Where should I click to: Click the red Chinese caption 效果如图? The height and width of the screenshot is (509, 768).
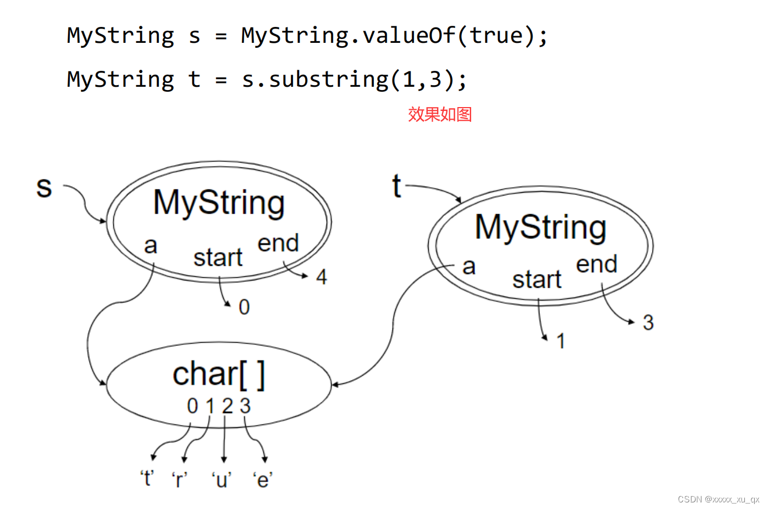click(440, 114)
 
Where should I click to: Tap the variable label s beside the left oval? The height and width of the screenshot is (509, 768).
click(44, 188)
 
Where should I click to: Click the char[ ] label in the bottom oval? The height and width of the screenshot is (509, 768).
click(219, 374)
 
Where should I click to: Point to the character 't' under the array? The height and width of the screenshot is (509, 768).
click(147, 479)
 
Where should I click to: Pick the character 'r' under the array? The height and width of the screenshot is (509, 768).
click(180, 480)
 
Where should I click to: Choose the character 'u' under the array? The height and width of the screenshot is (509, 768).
click(222, 480)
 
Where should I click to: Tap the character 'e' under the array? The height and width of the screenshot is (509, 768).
click(263, 480)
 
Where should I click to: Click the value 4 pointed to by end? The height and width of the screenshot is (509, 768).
click(322, 277)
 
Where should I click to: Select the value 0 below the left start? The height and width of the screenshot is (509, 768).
click(244, 307)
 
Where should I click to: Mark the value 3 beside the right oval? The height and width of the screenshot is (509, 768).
click(648, 323)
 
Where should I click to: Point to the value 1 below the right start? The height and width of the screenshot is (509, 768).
click(560, 342)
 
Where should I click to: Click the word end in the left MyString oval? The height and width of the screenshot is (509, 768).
click(278, 243)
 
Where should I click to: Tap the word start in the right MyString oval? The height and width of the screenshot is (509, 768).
click(537, 279)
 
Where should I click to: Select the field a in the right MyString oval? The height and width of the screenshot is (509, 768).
click(468, 267)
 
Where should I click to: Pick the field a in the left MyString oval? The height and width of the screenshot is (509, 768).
click(151, 245)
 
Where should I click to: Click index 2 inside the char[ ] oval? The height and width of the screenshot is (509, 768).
click(227, 406)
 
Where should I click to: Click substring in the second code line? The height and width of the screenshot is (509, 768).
click(328, 80)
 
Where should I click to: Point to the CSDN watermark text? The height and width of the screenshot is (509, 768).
click(718, 499)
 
